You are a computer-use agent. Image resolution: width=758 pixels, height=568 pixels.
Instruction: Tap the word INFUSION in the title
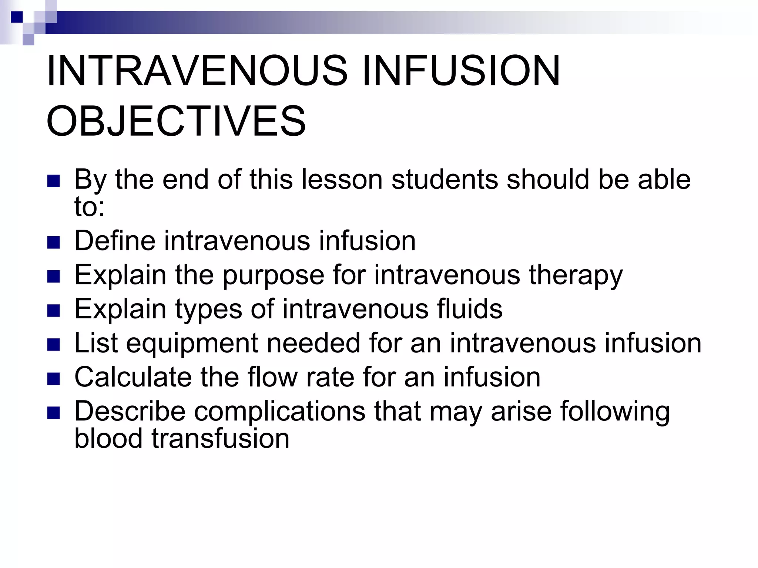461,71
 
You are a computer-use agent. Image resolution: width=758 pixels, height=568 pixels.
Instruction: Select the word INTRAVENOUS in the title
197,71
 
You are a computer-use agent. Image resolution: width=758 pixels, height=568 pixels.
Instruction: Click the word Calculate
133,377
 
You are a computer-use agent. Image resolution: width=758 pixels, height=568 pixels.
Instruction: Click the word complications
279,411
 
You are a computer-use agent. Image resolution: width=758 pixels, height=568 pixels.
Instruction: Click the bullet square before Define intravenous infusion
54,243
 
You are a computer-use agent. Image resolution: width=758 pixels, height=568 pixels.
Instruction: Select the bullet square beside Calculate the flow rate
54,379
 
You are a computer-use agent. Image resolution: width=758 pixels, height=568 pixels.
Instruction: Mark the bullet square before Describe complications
54,413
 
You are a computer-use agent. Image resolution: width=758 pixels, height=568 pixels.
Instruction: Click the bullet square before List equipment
54,345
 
